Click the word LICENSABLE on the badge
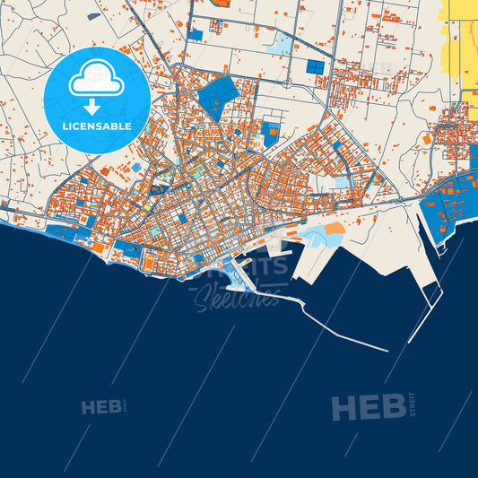click(96, 126)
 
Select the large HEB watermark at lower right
click(368, 407)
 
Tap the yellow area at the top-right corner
click(463, 40)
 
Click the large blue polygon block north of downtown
click(218, 97)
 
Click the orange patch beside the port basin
click(334, 230)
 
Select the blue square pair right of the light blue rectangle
click(315, 66)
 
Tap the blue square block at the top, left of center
click(196, 34)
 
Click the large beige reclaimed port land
click(377, 242)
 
